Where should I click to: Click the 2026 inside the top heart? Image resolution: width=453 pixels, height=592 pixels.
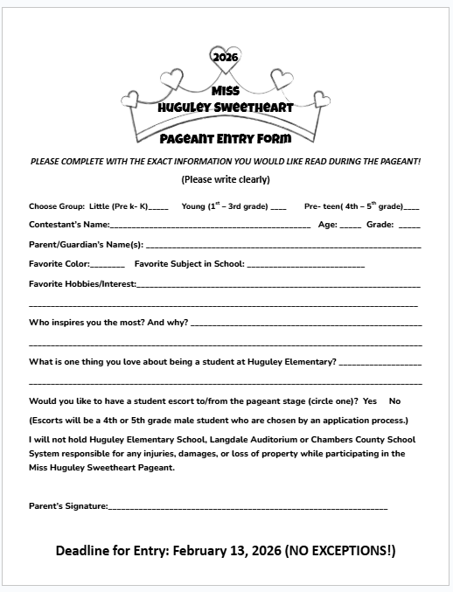(x=226, y=57)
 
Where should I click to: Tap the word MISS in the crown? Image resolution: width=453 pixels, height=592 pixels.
(x=226, y=90)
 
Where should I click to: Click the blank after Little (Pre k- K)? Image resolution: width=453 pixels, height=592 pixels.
(x=158, y=208)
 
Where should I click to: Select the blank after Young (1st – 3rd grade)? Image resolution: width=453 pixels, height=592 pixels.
(x=278, y=208)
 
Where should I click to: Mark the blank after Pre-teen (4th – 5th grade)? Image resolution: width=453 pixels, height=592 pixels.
(x=412, y=208)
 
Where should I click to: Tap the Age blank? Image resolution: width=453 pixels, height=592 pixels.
(x=350, y=226)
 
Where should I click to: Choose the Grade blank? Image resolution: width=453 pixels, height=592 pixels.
(x=409, y=226)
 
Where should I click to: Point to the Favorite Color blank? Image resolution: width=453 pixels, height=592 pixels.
(x=108, y=265)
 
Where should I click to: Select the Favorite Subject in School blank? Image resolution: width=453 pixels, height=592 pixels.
(x=306, y=265)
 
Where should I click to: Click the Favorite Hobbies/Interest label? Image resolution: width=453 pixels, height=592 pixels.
(x=82, y=284)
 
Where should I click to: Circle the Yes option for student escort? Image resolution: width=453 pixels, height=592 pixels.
(x=369, y=400)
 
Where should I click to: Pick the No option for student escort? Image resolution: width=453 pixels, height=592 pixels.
(x=394, y=400)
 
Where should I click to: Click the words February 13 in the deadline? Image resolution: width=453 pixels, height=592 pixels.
(x=211, y=551)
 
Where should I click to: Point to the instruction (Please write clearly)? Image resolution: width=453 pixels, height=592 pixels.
(x=226, y=179)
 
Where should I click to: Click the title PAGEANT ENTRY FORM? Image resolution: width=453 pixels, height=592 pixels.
(x=226, y=137)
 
